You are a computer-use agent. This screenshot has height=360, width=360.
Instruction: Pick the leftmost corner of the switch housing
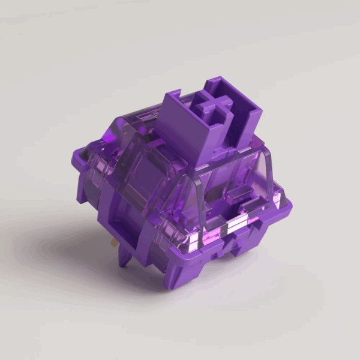click(x=78, y=195)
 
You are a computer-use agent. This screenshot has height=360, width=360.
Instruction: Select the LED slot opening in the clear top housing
click(x=240, y=192)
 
